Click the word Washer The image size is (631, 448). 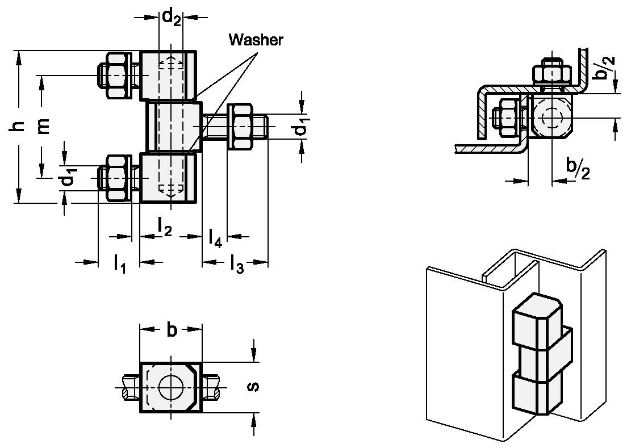click(256, 40)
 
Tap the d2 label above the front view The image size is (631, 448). click(171, 17)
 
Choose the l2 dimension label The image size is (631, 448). click(164, 228)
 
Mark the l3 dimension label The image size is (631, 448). click(236, 264)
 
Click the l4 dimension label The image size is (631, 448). click(215, 237)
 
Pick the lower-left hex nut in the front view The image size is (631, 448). click(118, 178)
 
